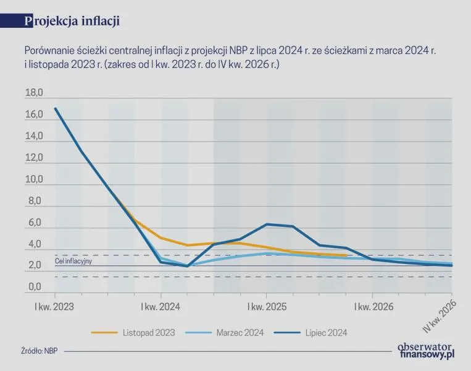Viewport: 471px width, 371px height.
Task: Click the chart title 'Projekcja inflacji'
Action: pyautogui.click(x=72, y=21)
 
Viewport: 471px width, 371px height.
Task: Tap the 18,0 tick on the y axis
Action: pyautogui.click(x=34, y=93)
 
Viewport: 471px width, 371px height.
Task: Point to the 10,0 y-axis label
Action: pyautogui.click(x=34, y=179)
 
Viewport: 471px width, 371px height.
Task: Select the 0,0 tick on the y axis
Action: pyautogui.click(x=35, y=287)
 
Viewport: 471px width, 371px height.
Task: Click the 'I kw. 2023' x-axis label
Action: pyautogui.click(x=54, y=307)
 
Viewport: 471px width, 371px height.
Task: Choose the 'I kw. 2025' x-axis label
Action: pyautogui.click(x=267, y=307)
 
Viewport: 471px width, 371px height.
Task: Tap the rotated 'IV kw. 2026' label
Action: pyautogui.click(x=440, y=317)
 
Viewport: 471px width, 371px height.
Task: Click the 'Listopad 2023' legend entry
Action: pyautogui.click(x=133, y=333)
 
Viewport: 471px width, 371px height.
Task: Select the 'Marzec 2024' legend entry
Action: pyautogui.click(x=225, y=333)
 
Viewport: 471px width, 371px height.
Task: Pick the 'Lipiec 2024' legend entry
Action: pyautogui.click(x=311, y=333)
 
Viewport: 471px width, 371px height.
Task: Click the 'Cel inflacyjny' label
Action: pyautogui.click(x=73, y=261)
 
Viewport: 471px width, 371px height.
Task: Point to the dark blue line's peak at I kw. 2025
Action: pyautogui.click(x=267, y=224)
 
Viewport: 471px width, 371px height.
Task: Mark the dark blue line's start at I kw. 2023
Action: pyautogui.click(x=56, y=109)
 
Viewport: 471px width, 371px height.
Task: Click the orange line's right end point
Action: pyautogui.click(x=346, y=255)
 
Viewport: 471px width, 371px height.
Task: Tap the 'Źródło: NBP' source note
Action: pyautogui.click(x=40, y=351)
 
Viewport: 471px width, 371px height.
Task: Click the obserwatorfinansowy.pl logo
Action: pyautogui.click(x=426, y=351)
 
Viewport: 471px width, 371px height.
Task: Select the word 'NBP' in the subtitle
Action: pyautogui.click(x=238, y=51)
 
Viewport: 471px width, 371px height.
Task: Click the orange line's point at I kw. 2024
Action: pyautogui.click(x=161, y=237)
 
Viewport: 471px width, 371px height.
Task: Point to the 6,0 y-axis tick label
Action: pyautogui.click(x=35, y=223)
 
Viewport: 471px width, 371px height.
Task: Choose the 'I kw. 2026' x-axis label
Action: pyautogui.click(x=373, y=307)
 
